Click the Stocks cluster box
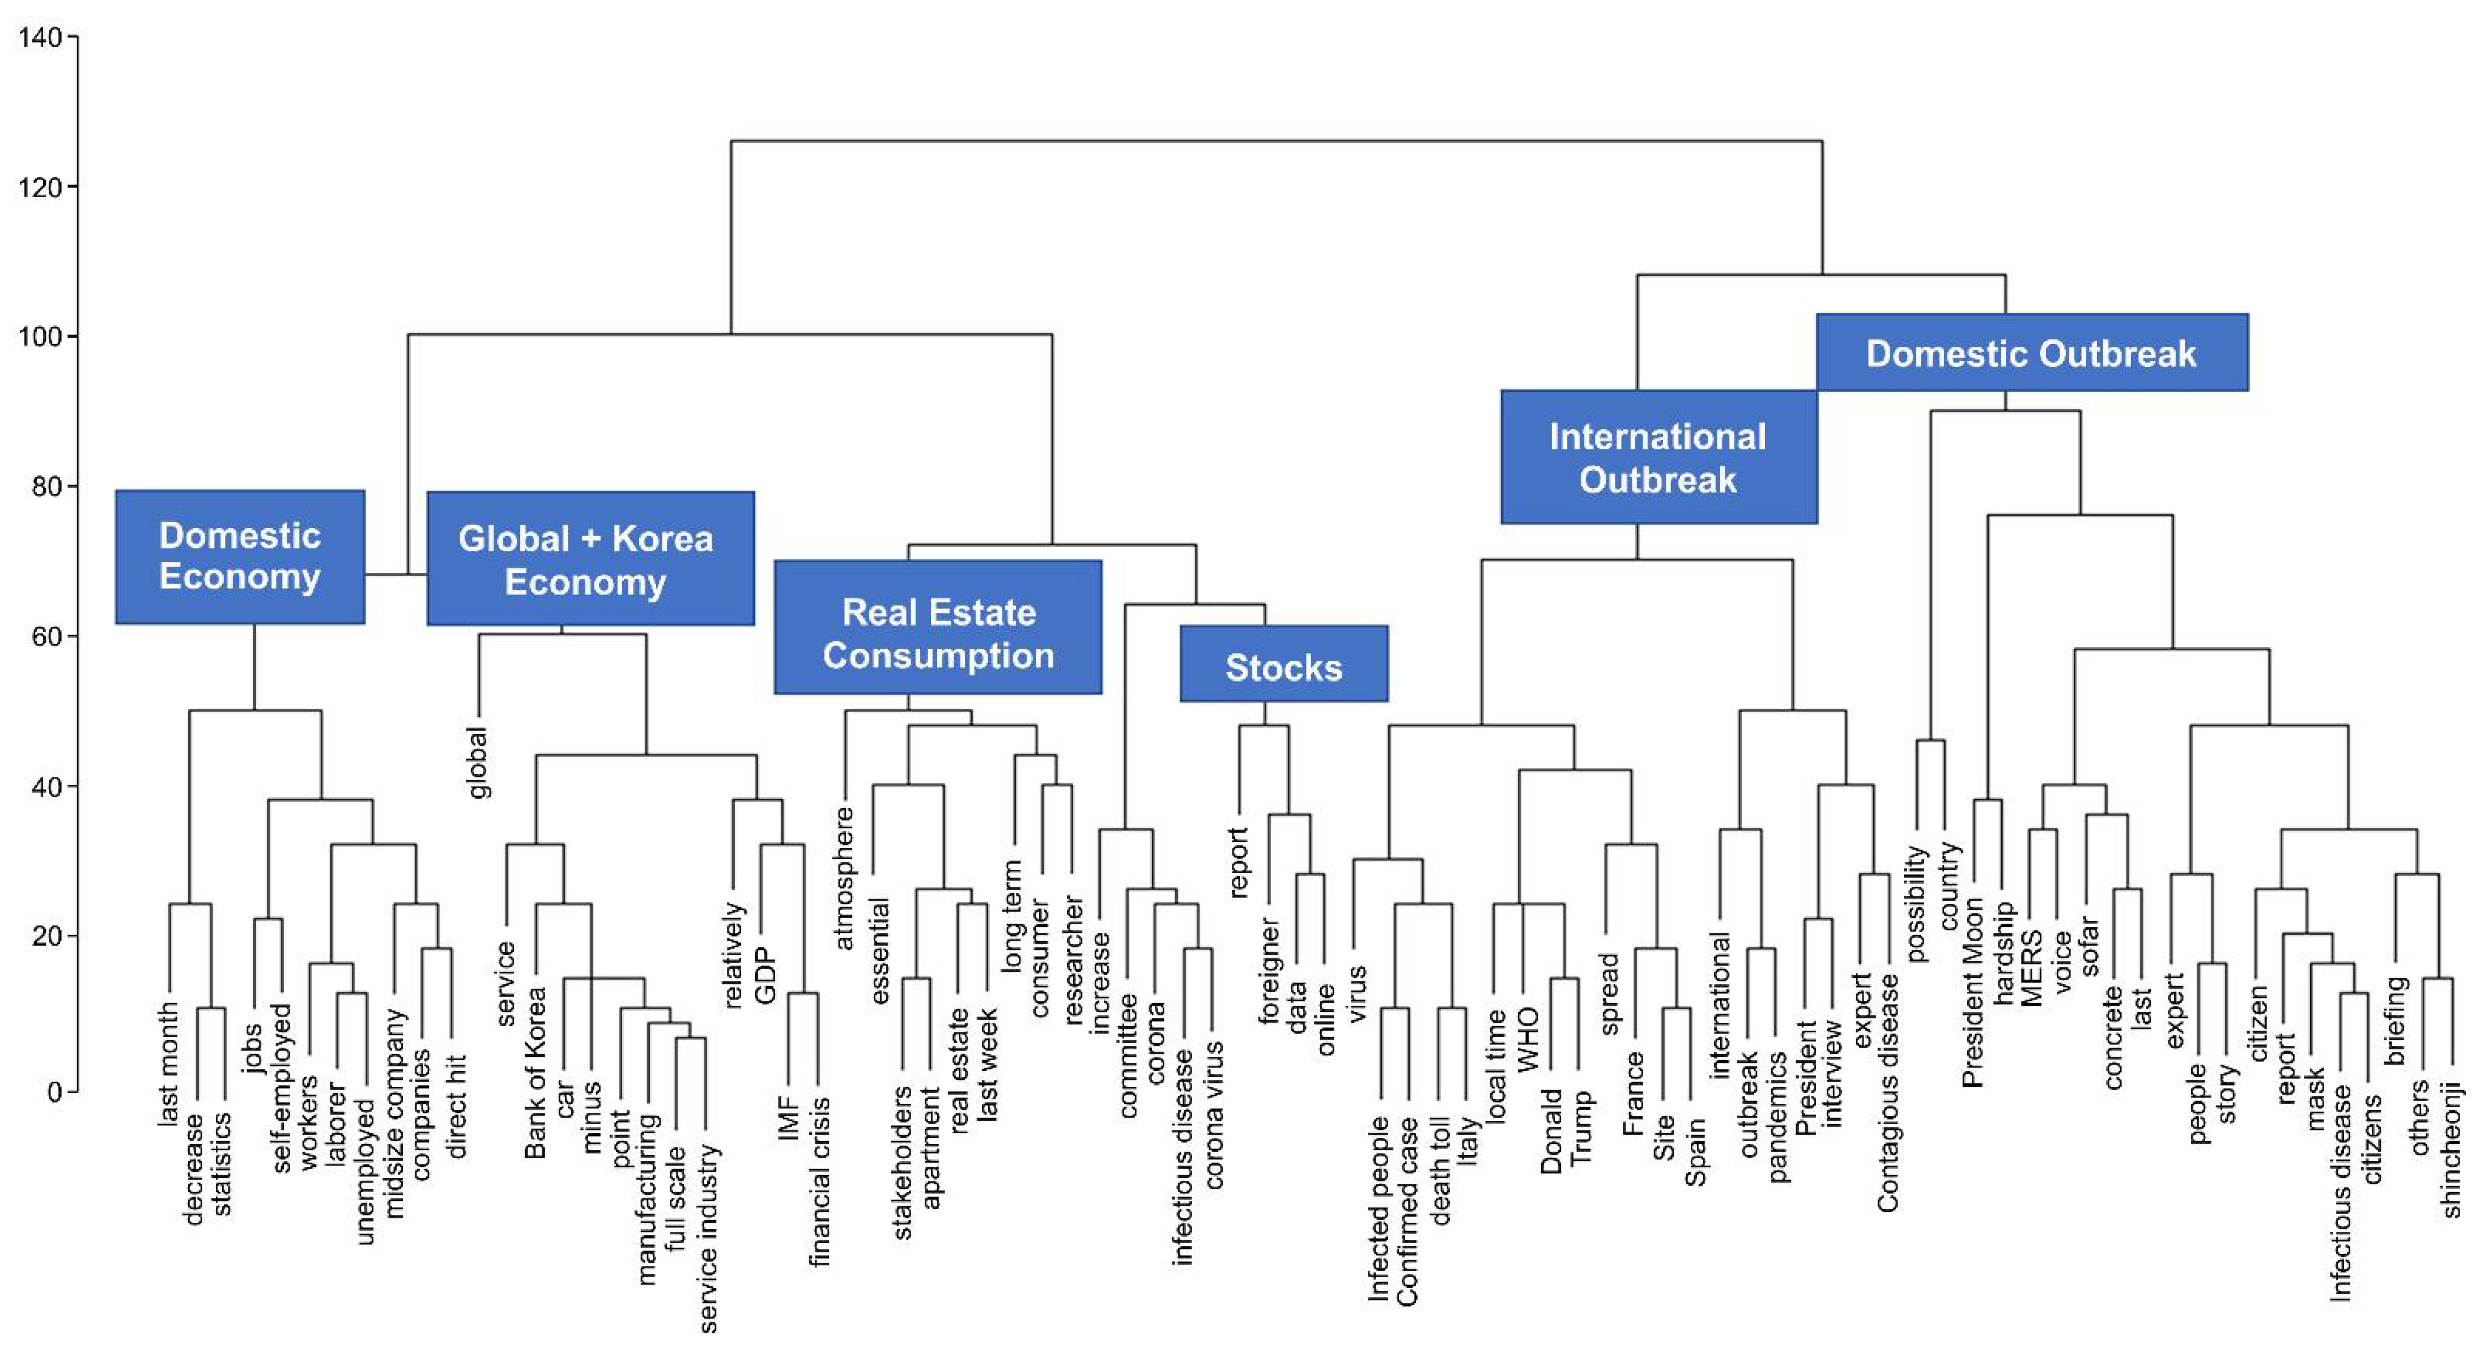pos(1283,664)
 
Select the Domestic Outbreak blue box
pos(2032,353)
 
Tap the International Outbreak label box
pos(1658,457)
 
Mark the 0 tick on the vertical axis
pos(54,1091)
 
